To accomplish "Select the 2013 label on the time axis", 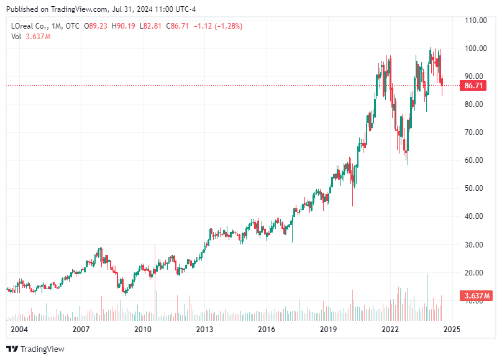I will (x=205, y=329).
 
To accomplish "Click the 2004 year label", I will (x=19, y=329).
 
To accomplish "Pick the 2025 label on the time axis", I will (x=452, y=329).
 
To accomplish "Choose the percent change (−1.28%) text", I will (x=226, y=26).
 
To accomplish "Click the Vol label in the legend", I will (x=17, y=37).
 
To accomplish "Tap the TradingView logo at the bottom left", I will (x=35, y=349).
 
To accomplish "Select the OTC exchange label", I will (x=73, y=26).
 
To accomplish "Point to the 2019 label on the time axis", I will (x=329, y=329).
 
